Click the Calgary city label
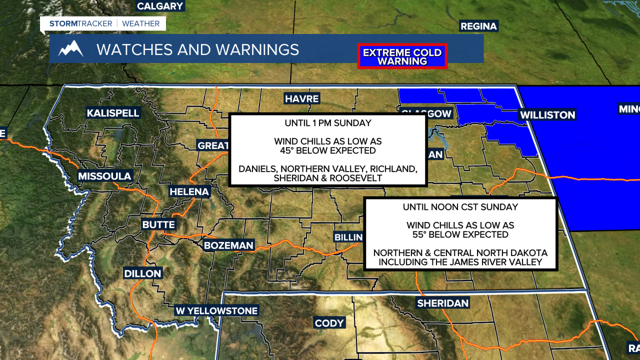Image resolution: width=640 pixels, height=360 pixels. click(x=160, y=6)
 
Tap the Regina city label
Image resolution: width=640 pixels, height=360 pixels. click(x=478, y=26)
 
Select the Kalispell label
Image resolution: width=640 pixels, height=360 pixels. click(x=113, y=113)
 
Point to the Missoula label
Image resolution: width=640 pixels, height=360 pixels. click(x=104, y=176)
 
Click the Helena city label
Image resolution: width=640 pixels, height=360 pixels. click(x=189, y=191)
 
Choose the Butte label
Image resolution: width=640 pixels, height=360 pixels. click(x=158, y=224)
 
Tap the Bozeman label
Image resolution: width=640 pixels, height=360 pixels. click(x=228, y=245)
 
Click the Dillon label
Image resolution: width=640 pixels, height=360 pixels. click(x=143, y=273)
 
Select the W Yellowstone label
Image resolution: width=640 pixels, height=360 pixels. click(x=216, y=311)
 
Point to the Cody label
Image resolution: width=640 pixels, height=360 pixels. click(x=329, y=323)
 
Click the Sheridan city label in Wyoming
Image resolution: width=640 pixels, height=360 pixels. click(x=443, y=303)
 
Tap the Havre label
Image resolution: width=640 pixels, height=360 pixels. click(x=301, y=98)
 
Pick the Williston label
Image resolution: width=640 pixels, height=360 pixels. click(x=547, y=115)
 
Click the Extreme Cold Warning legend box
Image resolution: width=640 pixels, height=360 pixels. click(x=402, y=56)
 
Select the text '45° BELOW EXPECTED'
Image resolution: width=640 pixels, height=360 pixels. click(x=327, y=150)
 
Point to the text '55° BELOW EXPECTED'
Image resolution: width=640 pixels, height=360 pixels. click(x=460, y=234)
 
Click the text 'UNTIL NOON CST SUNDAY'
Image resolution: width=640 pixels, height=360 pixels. click(x=460, y=207)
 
